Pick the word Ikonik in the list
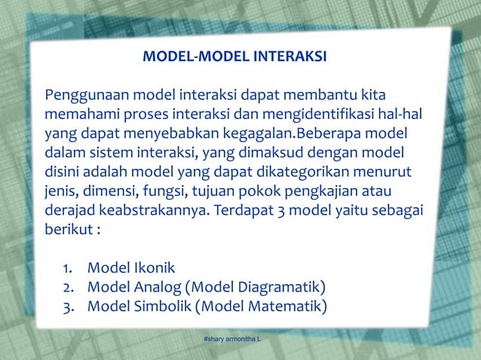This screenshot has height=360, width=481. pos(155,268)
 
